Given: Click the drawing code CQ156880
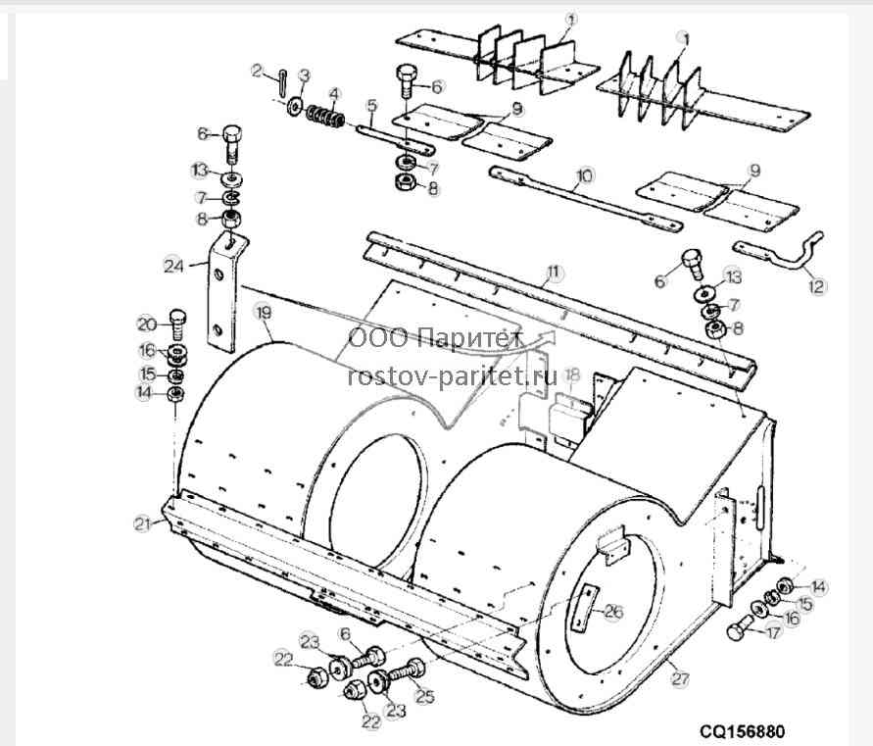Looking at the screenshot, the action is [742, 730].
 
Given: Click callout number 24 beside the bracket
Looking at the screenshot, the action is [173, 266].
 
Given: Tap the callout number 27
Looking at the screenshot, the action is [681, 678].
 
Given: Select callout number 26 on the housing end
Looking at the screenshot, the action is [613, 612].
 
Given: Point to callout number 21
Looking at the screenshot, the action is [142, 523].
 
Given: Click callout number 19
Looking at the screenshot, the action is [263, 312].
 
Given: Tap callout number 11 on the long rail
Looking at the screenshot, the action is [553, 273].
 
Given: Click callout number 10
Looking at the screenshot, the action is [585, 176].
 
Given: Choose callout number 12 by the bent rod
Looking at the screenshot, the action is [817, 286].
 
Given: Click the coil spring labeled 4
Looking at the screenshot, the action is [325, 116].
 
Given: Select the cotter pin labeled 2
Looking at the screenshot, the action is [282, 82].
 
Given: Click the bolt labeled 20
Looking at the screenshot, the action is [176, 323].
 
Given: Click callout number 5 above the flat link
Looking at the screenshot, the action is [372, 105].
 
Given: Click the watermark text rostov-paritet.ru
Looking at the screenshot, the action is [452, 376].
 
